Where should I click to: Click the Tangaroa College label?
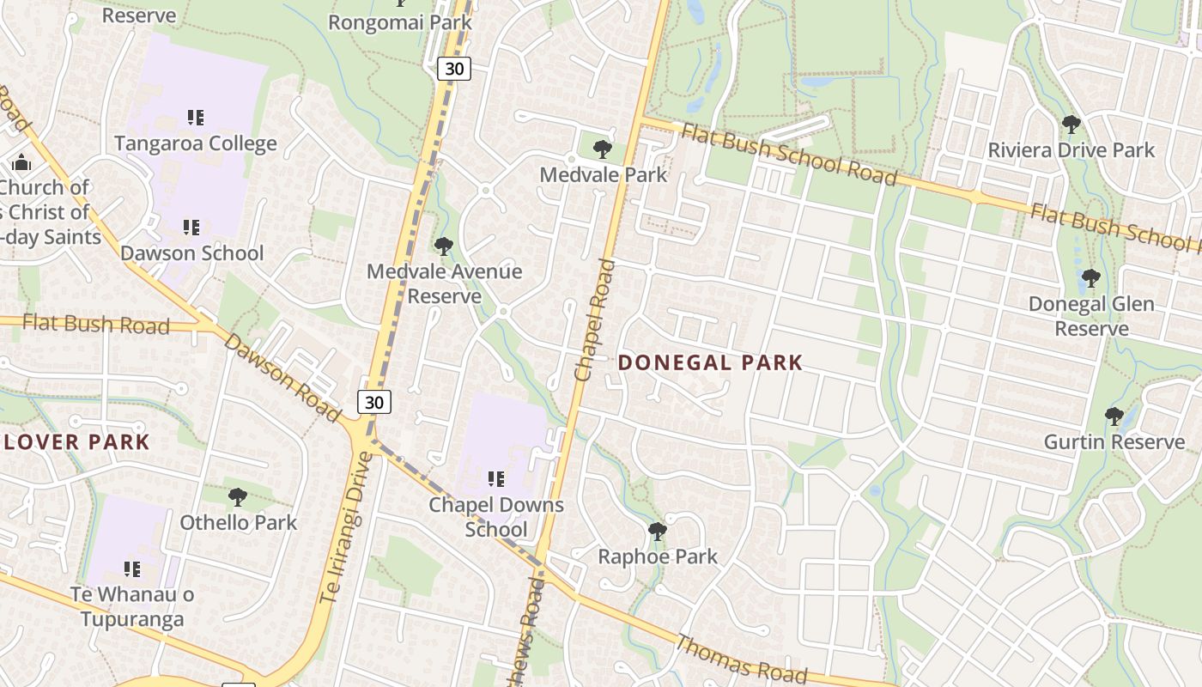(x=196, y=143)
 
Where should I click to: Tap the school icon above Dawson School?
(x=191, y=228)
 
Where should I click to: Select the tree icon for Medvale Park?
(x=603, y=149)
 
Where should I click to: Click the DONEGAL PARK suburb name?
(x=710, y=362)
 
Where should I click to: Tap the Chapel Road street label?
(x=595, y=320)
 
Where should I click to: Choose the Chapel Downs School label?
(x=496, y=516)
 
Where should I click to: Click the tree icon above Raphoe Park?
(x=658, y=532)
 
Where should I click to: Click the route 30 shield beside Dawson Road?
(x=374, y=401)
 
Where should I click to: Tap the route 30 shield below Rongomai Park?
(x=454, y=69)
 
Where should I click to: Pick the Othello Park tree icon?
(x=238, y=496)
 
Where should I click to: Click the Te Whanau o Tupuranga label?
(x=132, y=606)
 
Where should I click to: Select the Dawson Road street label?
(x=282, y=377)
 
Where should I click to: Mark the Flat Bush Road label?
(x=96, y=324)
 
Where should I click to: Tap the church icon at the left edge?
(x=21, y=162)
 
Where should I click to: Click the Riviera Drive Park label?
(x=1071, y=150)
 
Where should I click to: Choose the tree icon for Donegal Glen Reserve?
(x=1091, y=278)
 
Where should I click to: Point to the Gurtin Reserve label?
(x=1114, y=441)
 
